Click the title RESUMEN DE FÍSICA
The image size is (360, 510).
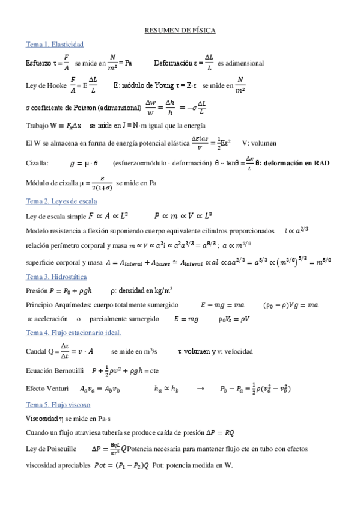tap(180, 30)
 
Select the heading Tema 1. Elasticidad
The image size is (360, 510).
tap(54, 45)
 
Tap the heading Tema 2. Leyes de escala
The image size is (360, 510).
tap(61, 201)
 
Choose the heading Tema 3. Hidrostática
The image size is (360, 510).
tap(56, 277)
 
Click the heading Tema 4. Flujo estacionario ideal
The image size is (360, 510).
tap(73, 333)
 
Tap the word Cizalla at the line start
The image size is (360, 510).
tap(37, 164)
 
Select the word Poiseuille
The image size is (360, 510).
tap(59, 448)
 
